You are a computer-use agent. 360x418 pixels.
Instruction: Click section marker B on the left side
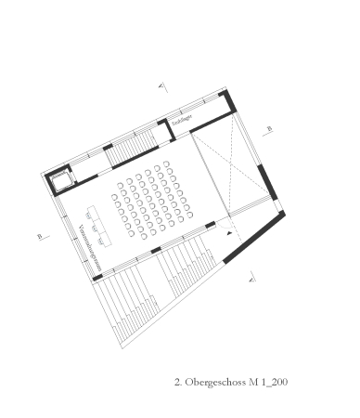coord(41,236)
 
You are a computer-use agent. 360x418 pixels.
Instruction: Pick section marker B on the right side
coord(269,128)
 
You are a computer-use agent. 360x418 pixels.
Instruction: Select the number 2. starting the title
coord(178,382)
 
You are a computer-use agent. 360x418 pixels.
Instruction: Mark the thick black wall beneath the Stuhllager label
coord(195,126)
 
